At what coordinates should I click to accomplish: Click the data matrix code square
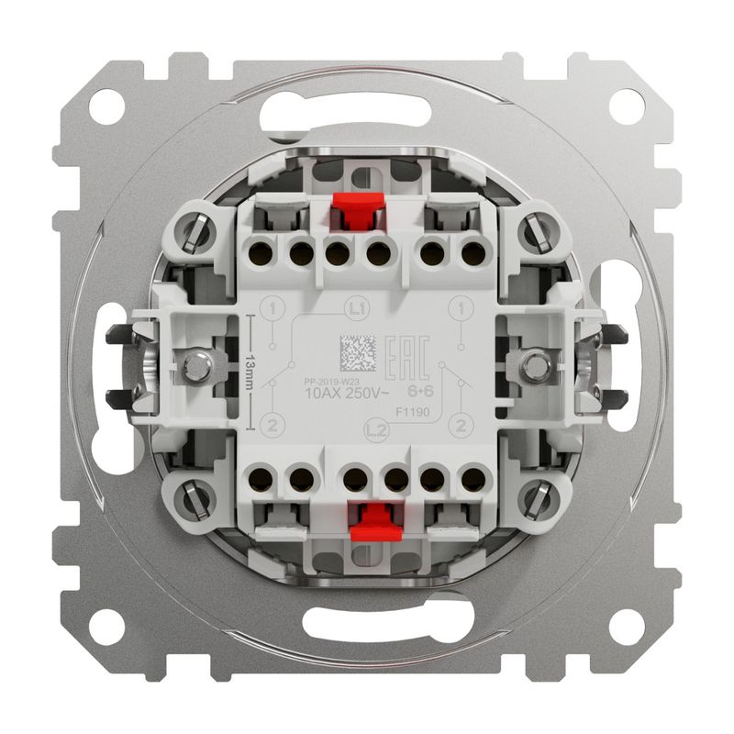click(357, 350)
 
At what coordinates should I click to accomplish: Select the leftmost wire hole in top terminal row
click(260, 250)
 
